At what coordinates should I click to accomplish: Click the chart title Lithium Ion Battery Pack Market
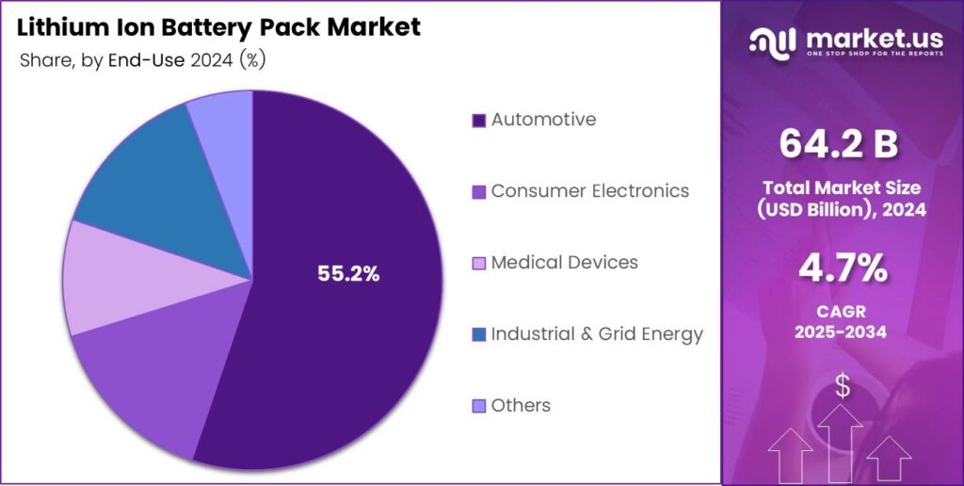coord(218,26)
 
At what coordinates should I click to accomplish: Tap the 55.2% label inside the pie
coord(348,274)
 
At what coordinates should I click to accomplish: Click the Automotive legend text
coord(543,120)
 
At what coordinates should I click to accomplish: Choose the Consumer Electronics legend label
coord(589,191)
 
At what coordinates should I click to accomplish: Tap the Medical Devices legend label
coord(564,263)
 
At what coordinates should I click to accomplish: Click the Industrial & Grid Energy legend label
coord(597,334)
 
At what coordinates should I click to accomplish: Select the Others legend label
coord(521,406)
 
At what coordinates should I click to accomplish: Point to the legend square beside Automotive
coord(478,121)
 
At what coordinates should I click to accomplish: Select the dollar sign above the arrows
coord(843,385)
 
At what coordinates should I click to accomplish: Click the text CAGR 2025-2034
coord(842,320)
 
